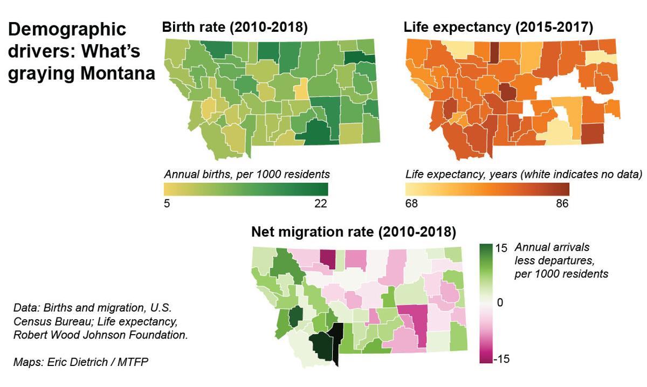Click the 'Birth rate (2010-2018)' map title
(x=235, y=29)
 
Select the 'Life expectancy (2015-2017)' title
(x=498, y=29)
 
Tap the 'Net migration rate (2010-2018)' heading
(x=354, y=233)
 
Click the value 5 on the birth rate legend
(x=167, y=204)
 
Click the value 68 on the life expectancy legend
(x=411, y=204)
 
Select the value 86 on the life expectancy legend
(x=561, y=204)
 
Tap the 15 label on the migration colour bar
(x=501, y=248)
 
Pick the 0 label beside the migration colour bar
(x=500, y=303)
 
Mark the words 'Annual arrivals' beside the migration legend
(x=552, y=247)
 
